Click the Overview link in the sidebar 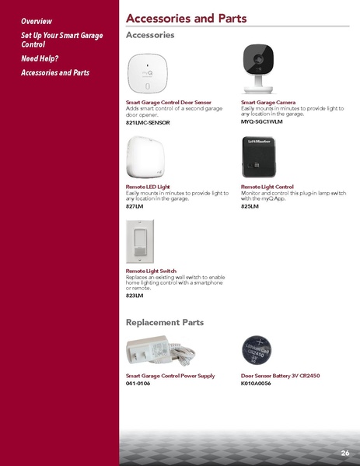(x=37, y=20)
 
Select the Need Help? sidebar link (x=40, y=58)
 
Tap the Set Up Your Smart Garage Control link (x=61, y=40)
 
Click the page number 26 (x=344, y=453)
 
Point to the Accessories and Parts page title (x=186, y=19)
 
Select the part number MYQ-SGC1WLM (x=262, y=122)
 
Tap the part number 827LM (x=135, y=205)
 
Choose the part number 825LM (x=250, y=205)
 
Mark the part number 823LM (x=135, y=296)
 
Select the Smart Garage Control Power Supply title (x=170, y=376)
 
